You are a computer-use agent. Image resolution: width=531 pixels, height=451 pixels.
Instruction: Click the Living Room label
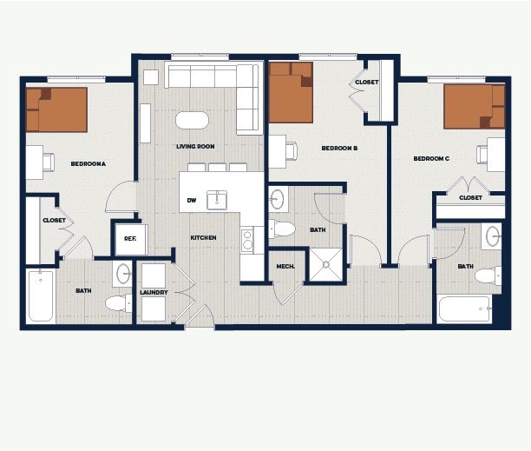195,147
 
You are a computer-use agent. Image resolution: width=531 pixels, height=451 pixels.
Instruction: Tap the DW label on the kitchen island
192,201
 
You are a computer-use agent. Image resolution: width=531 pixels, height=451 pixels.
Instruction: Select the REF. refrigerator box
131,239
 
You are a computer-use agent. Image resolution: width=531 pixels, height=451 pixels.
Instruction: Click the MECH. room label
285,267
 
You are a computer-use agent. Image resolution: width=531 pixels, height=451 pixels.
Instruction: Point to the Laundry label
154,292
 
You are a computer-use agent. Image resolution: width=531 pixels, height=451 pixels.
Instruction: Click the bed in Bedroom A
56,109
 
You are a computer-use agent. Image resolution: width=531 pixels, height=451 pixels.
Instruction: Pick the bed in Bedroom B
291,92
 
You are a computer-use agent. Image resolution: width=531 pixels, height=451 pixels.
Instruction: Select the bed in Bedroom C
475,107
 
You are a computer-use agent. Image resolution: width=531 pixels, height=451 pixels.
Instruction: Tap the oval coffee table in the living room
192,121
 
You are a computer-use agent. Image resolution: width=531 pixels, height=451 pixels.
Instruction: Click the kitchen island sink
217,200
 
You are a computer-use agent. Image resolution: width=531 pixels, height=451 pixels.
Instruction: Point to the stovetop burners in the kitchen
247,241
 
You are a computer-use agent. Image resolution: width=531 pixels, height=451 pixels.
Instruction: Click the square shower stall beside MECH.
325,264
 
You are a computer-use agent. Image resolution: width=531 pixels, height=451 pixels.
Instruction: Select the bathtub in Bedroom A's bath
41,296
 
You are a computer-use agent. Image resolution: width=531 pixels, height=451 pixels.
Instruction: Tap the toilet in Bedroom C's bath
488,275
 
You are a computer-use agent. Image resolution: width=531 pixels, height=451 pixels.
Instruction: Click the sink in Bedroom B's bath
278,199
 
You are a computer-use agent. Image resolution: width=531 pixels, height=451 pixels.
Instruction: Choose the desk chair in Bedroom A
49,162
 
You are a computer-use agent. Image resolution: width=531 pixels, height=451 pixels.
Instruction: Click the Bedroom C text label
431,158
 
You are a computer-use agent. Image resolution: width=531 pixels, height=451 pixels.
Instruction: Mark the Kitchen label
203,238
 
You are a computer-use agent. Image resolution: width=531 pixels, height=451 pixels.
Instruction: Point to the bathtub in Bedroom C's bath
464,308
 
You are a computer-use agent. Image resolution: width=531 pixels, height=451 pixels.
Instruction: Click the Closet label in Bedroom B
367,82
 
